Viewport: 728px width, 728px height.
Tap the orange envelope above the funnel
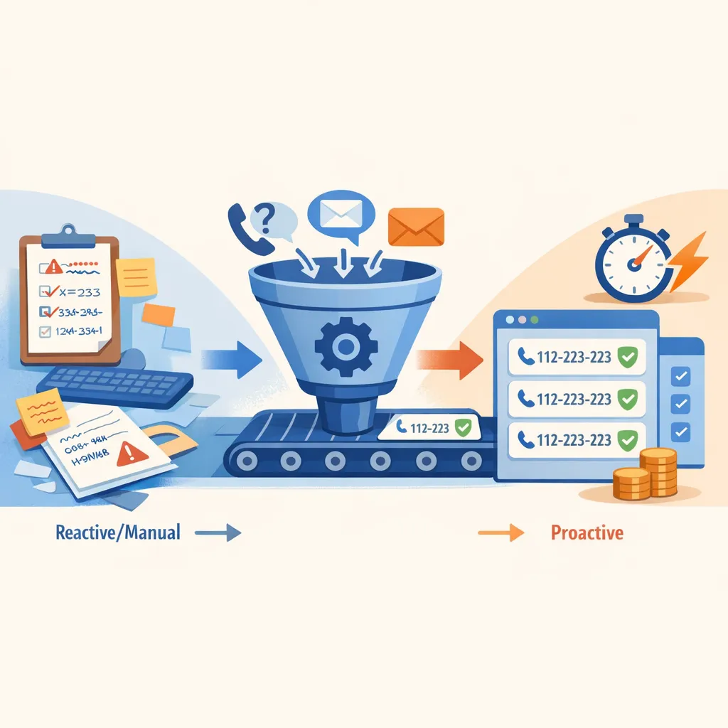pyautogui.click(x=416, y=227)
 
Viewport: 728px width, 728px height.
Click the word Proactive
pyautogui.click(x=587, y=532)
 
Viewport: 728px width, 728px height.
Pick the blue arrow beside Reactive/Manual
pyautogui.click(x=218, y=532)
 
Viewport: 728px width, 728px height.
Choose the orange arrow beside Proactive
pyautogui.click(x=500, y=532)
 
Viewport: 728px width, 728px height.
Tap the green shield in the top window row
pyautogui.click(x=626, y=358)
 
